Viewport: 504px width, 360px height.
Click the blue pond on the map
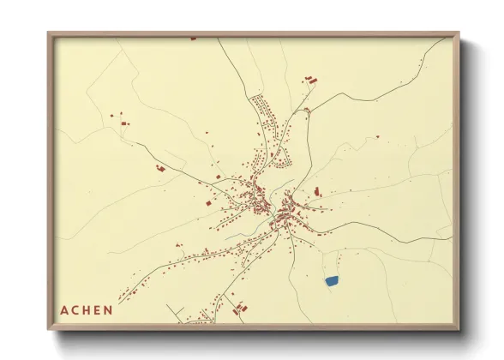click(x=332, y=280)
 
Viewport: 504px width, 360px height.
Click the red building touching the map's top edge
click(x=193, y=39)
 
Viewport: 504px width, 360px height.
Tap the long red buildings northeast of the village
click(x=310, y=80)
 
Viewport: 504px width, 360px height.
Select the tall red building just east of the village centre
click(x=317, y=190)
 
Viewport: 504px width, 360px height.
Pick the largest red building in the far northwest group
click(x=126, y=124)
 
